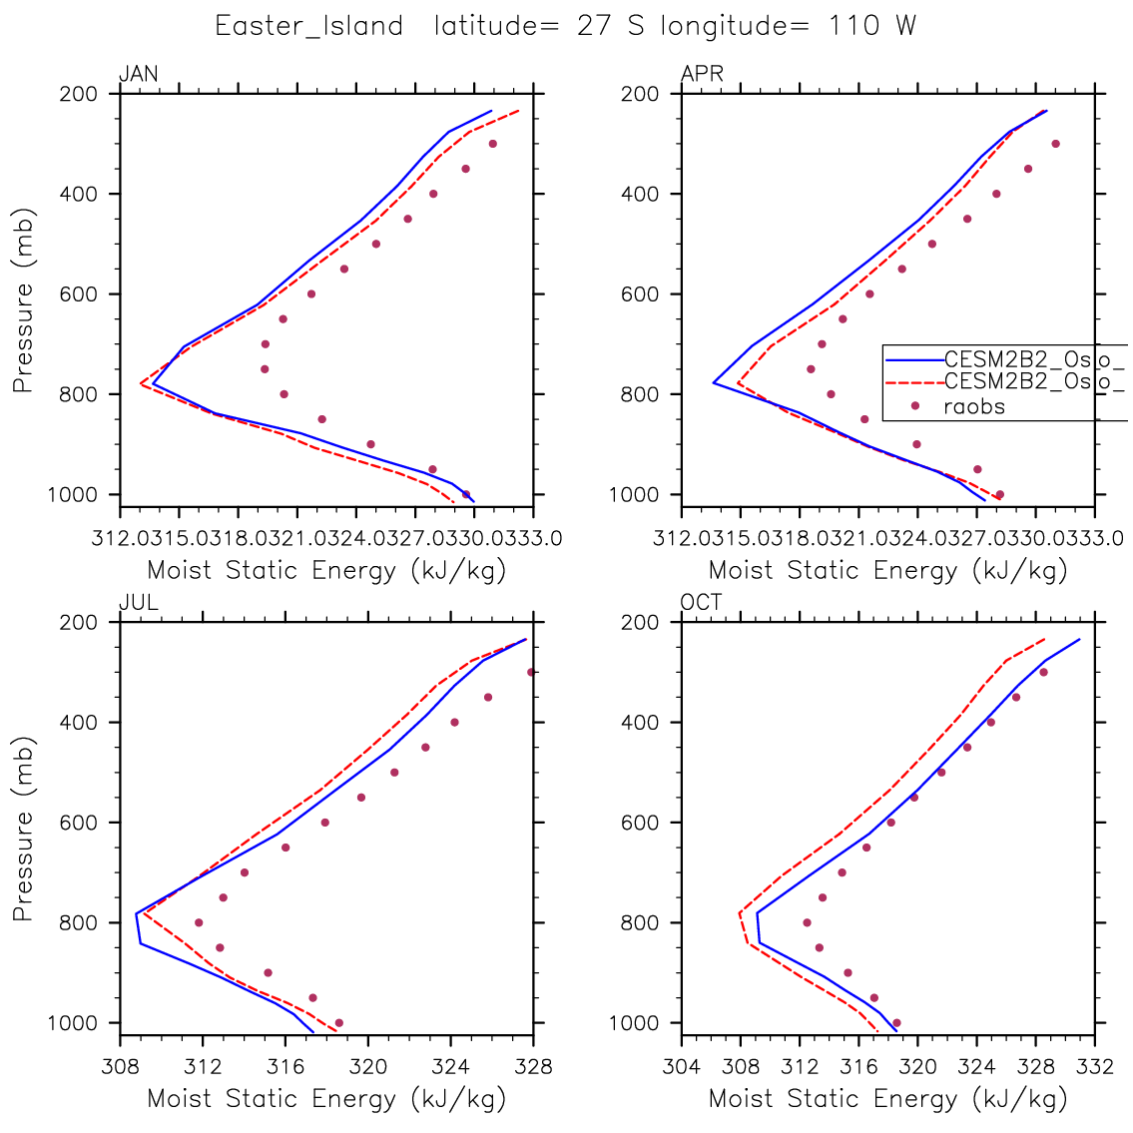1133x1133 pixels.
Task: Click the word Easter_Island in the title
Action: point(308,26)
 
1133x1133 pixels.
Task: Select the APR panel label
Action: point(702,74)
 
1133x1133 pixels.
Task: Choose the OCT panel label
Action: point(701,603)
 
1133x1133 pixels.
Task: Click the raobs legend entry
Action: point(974,406)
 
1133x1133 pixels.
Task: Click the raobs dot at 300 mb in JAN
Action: point(492,144)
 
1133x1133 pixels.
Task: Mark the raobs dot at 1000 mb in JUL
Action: point(339,1022)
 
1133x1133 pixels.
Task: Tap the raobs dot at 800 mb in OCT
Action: point(808,922)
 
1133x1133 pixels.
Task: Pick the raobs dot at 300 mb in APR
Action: point(1055,144)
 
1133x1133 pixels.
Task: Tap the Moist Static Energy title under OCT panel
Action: point(887,1099)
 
